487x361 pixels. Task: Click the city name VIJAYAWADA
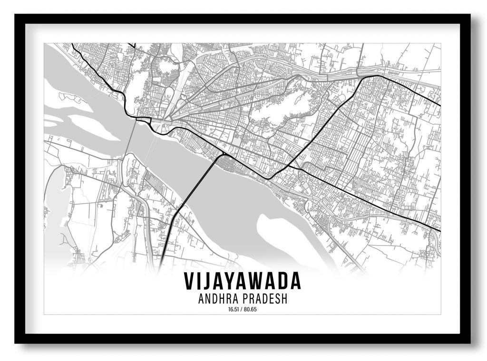(x=243, y=282)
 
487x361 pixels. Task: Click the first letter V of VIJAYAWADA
(x=189, y=282)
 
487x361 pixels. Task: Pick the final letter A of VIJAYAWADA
(x=295, y=282)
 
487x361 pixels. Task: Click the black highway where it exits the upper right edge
(x=438, y=104)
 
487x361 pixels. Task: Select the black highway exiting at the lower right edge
(x=438, y=230)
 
